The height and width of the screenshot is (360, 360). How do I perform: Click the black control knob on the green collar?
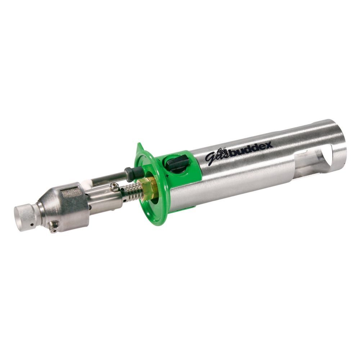click(x=177, y=163)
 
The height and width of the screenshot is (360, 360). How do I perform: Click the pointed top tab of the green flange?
click(x=139, y=147)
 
